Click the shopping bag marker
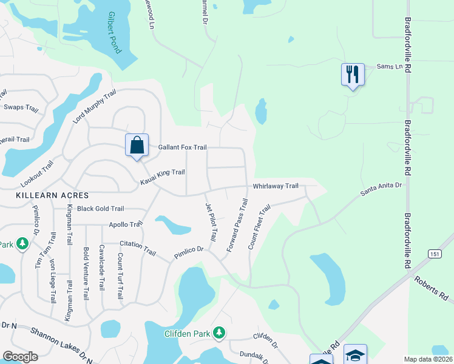tap(137, 146)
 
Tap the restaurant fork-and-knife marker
tap(353, 75)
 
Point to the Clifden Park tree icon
tap(219, 333)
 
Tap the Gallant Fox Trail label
tap(182, 147)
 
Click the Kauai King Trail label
tap(162, 177)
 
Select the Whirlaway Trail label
tap(276, 186)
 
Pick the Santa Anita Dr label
tap(381, 189)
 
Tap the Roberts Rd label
tap(431, 289)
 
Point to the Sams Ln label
tap(390, 66)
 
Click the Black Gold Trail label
tap(100, 209)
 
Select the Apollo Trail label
tap(125, 224)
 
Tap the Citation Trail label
tap(138, 248)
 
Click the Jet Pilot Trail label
tap(211, 222)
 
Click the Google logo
tap(21, 357)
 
